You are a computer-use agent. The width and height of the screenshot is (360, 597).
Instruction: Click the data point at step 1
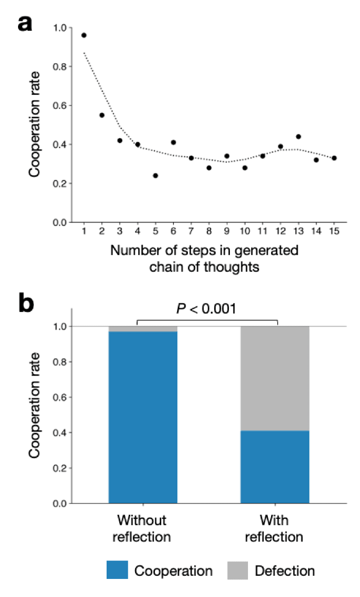click(84, 35)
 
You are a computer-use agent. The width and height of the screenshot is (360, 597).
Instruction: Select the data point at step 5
click(155, 176)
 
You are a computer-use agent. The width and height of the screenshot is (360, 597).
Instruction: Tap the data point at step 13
click(298, 136)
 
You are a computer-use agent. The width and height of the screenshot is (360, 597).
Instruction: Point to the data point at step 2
click(102, 115)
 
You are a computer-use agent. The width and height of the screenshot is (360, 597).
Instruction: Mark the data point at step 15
click(334, 158)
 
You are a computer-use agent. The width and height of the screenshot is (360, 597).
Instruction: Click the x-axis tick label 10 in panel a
click(244, 232)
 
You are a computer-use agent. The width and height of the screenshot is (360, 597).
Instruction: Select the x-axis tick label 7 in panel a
click(191, 232)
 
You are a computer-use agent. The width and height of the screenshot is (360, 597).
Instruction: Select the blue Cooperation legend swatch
click(117, 570)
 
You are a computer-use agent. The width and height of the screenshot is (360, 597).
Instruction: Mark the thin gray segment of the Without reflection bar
click(143, 329)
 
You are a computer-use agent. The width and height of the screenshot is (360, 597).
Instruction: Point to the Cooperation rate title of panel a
click(36, 125)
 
